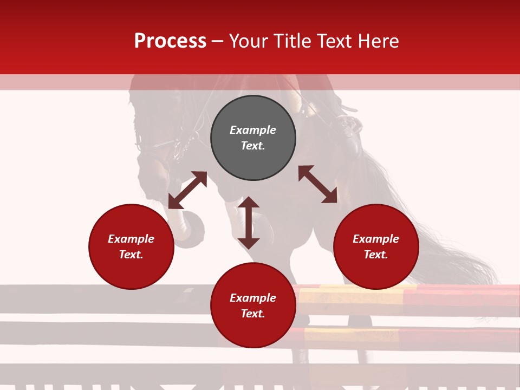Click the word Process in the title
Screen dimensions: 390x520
pyautogui.click(x=170, y=41)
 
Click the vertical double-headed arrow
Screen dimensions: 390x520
pyautogui.click(x=249, y=223)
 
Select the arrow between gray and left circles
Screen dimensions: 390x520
pyautogui.click(x=187, y=190)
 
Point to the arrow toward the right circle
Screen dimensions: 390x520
pyautogui.click(x=317, y=184)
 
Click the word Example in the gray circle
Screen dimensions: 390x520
pyautogui.click(x=253, y=130)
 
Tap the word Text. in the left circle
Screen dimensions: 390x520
pyautogui.click(x=131, y=255)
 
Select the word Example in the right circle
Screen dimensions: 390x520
pyautogui.click(x=376, y=239)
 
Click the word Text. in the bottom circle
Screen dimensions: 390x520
pyautogui.click(x=253, y=314)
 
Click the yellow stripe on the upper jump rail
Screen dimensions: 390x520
pyautogui.click(x=352, y=296)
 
